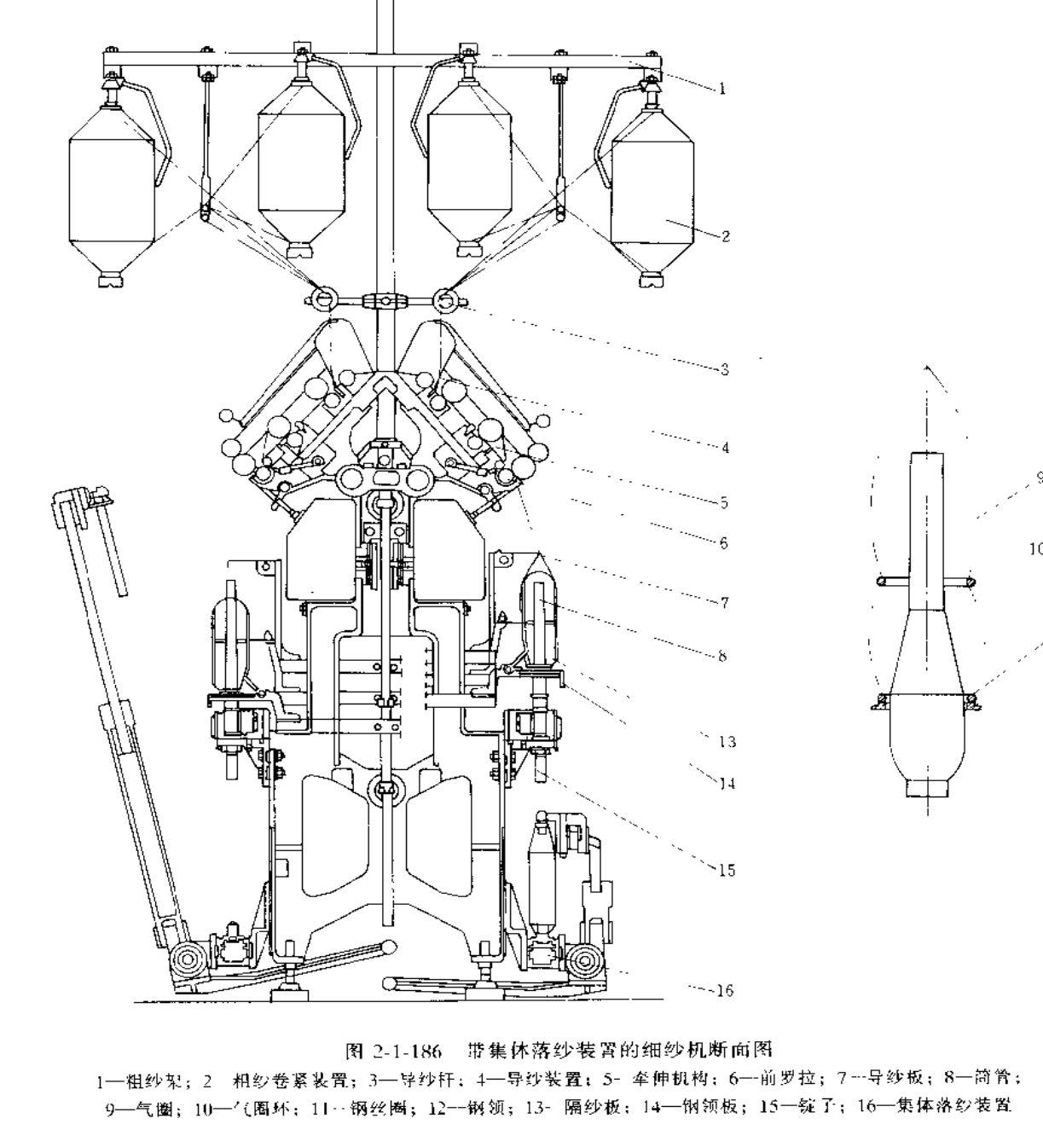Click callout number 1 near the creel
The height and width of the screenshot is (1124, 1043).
(x=723, y=88)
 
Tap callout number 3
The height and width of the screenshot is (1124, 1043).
(x=724, y=369)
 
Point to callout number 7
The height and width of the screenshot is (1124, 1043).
(x=724, y=603)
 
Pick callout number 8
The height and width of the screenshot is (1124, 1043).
(x=724, y=657)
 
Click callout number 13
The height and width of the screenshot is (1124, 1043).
(x=727, y=742)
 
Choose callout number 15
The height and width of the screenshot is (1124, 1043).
(x=727, y=870)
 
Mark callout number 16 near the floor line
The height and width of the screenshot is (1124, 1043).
(x=725, y=990)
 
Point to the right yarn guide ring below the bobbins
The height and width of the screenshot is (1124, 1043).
(x=445, y=298)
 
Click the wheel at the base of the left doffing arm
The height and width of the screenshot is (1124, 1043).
(x=184, y=961)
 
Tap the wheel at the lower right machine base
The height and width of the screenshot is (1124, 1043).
(x=582, y=962)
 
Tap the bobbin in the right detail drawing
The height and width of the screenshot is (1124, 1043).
(x=926, y=648)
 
